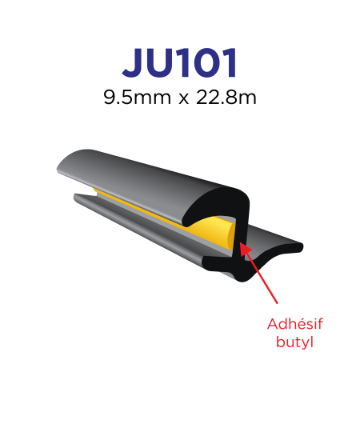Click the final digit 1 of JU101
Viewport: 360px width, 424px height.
pyautogui.click(x=230, y=63)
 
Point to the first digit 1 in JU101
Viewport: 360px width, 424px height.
pyautogui.click(x=184, y=63)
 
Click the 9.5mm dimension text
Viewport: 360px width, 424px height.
pyautogui.click(x=138, y=98)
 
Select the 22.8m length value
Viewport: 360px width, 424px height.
pyautogui.click(x=226, y=98)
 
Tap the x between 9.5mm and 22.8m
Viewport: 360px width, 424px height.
pyautogui.click(x=184, y=99)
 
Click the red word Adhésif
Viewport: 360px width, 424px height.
pyautogui.click(x=295, y=324)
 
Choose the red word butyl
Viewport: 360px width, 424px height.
pyautogui.click(x=295, y=342)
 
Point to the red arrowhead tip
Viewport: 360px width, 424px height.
pyautogui.click(x=240, y=242)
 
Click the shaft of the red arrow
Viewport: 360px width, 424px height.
pyautogui.click(x=258, y=273)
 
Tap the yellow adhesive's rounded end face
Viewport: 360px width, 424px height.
pyautogui.click(x=230, y=238)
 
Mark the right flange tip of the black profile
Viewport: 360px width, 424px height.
pyautogui.click(x=300, y=247)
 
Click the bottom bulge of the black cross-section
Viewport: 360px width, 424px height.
pyautogui.click(x=242, y=276)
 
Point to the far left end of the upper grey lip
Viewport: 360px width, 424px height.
pyautogui.click(x=58, y=170)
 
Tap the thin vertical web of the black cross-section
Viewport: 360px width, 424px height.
pyautogui.click(x=240, y=235)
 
